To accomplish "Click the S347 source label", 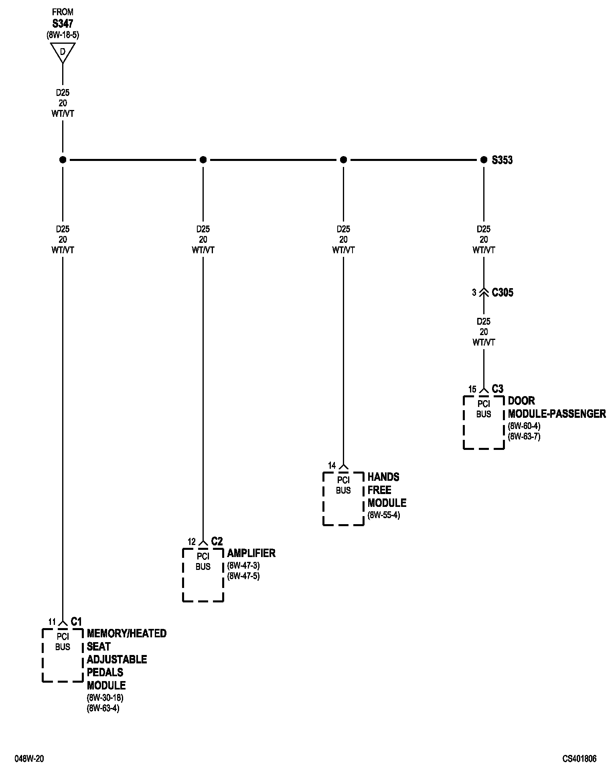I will pos(63,24).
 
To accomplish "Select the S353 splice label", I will pos(502,160).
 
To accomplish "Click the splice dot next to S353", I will pos(484,160).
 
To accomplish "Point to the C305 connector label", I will pos(503,293).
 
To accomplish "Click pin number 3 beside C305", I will pos(474,293).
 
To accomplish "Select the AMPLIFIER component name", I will pos(251,553).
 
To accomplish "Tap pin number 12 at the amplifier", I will pos(192,542).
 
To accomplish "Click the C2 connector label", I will pos(217,541).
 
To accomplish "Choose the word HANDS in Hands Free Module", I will pos(383,477).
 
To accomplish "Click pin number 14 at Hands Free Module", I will pos(332,466).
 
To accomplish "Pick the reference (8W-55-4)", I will pos(383,515).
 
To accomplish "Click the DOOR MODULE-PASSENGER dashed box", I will pos(484,422).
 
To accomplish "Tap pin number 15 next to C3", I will pos(472,389).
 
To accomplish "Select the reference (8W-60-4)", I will pos(524,426).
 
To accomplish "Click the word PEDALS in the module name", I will pos(105,672).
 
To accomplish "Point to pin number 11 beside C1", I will pos(52,622).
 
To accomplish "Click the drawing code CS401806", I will pos(579,759).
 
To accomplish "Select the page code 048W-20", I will pos(29,759).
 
